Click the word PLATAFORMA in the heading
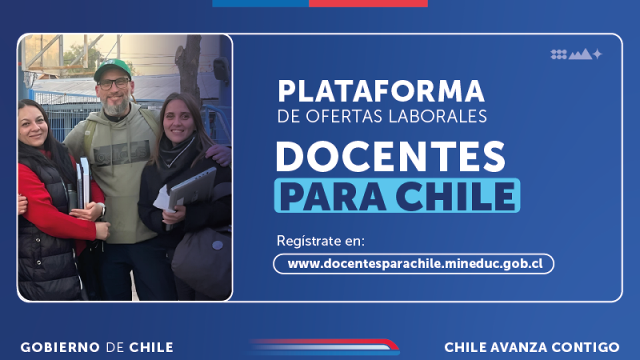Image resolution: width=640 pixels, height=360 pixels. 381,91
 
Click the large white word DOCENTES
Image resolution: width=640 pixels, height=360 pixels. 390,156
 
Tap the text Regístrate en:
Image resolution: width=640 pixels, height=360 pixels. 320,241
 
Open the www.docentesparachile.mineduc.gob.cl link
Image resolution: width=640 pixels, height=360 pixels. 415,263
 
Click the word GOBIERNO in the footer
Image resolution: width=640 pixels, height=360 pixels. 60,347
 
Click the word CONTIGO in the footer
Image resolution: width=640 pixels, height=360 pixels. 585,347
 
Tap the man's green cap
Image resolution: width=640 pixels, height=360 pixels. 112,69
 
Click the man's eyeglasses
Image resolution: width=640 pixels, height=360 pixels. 113,84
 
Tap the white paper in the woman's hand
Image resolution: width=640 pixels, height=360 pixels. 163,199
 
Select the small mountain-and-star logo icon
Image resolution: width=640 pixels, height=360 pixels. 576,54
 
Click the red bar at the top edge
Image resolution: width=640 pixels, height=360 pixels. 368,3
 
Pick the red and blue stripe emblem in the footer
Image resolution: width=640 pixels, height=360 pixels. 325,346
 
